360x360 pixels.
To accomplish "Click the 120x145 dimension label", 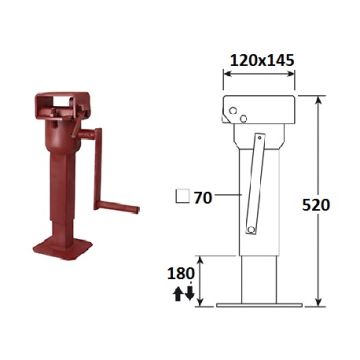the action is pyautogui.click(x=258, y=61).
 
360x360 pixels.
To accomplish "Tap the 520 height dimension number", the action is pyautogui.click(x=316, y=205).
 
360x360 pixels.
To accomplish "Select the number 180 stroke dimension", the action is pyautogui.click(x=181, y=274).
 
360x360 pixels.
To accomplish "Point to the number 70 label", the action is pyautogui.click(x=203, y=198).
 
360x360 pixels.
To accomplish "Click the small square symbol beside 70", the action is pyautogui.click(x=182, y=196).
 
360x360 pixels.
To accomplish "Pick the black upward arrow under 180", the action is pyautogui.click(x=178, y=294).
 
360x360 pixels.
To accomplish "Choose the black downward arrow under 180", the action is pyautogui.click(x=189, y=292).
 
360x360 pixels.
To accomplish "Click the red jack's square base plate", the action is pyautogui.click(x=63, y=248).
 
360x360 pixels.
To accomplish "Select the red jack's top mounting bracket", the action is pyautogui.click(x=62, y=105).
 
